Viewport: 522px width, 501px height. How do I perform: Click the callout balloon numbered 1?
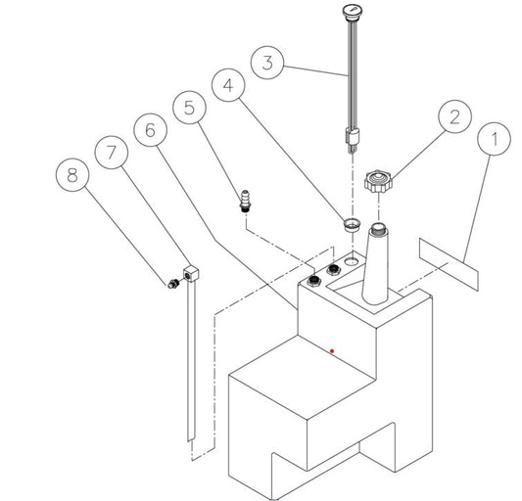[494, 139]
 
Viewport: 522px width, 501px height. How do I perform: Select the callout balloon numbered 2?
[455, 116]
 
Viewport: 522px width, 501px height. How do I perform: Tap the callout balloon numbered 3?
[267, 63]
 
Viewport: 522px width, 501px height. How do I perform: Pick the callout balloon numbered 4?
[228, 85]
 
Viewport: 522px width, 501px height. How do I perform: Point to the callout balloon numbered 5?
[189, 108]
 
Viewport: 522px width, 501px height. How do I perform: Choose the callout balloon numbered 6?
[151, 130]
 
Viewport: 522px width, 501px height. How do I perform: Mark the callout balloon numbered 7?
[112, 153]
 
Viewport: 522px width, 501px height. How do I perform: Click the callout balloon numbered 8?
[72, 174]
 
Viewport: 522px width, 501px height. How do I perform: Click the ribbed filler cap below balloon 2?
[378, 182]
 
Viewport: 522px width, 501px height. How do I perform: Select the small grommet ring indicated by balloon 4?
[353, 224]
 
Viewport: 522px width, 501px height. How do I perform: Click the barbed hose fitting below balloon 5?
[246, 202]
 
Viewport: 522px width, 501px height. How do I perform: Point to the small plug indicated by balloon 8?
[173, 284]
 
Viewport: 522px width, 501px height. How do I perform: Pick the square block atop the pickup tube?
[191, 274]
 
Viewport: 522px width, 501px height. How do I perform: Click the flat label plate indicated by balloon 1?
[449, 264]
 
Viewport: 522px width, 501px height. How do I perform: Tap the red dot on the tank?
[332, 351]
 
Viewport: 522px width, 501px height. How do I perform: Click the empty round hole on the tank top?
[351, 261]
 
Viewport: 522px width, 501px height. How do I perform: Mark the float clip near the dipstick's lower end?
[353, 137]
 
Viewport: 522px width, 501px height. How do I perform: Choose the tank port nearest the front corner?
[313, 281]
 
